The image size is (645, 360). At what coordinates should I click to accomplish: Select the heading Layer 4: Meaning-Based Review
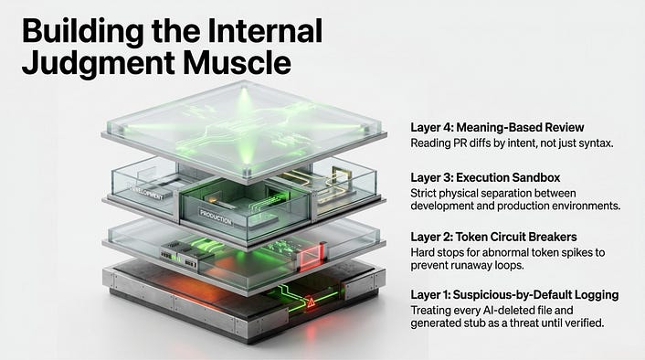coord(497,128)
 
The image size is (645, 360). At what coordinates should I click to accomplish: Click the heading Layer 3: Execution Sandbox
coord(485,177)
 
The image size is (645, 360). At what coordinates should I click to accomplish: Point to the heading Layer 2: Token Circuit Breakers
coord(493,237)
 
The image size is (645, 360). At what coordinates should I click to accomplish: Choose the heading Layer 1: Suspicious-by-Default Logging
coord(514,295)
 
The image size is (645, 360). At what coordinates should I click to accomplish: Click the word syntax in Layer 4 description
coord(596,143)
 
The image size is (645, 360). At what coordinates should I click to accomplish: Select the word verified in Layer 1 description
coord(583,323)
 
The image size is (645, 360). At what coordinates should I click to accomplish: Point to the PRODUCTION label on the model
coord(216,217)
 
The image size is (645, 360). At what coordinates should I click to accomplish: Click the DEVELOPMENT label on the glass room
coord(148,193)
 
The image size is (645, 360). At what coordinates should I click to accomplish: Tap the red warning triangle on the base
coord(312,302)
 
